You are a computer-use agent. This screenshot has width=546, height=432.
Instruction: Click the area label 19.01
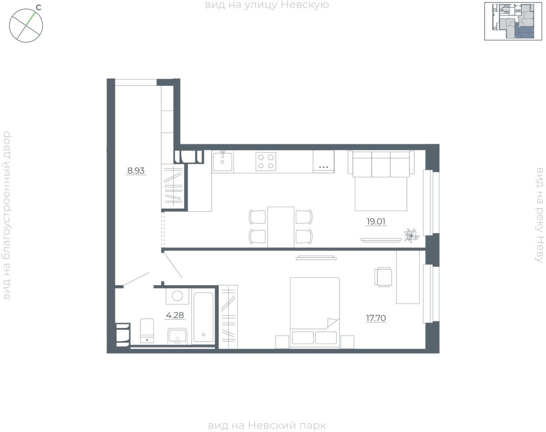pos(376,221)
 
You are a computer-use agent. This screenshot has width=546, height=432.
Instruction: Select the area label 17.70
pos(375,318)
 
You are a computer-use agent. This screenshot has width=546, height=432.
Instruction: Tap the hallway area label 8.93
pos(136,171)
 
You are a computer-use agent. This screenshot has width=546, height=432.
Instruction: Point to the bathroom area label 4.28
pos(175,316)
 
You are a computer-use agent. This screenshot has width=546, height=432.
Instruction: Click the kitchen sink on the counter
pos(223,161)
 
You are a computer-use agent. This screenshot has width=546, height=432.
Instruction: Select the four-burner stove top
pos(265,162)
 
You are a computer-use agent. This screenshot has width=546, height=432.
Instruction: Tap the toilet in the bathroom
pos(147,330)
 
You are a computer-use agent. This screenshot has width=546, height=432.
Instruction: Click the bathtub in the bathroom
pos(203,317)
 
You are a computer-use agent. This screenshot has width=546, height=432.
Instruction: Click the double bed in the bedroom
pos(315,312)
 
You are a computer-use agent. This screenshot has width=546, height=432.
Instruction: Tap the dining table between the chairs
pos(281,227)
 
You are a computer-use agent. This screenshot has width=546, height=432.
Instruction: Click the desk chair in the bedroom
pos(383,277)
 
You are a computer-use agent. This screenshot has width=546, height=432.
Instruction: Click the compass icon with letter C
pos(27,25)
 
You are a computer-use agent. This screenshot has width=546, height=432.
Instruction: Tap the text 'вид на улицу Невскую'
pos(267,5)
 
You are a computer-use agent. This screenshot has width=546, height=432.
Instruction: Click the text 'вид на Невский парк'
pos(267,426)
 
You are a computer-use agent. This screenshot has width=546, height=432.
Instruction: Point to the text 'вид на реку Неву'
pos(540,215)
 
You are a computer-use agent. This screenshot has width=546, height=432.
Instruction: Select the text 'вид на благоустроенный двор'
pos(6,215)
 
